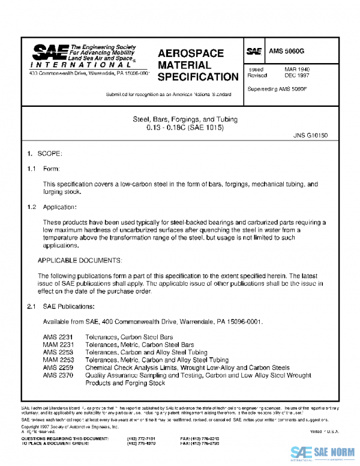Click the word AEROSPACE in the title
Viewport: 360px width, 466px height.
click(190, 53)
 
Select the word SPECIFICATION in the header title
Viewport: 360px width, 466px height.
click(198, 77)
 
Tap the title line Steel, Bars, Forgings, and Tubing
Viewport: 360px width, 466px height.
click(179, 119)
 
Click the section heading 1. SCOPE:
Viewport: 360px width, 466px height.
click(41, 154)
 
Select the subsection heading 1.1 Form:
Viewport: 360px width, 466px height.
click(41, 169)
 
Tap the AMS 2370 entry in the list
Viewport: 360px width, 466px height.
click(58, 374)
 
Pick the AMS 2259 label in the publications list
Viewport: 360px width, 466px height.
click(58, 367)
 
